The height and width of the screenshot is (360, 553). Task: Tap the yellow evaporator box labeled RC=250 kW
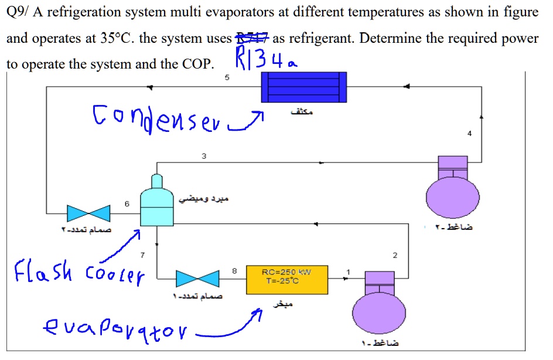click(x=287, y=280)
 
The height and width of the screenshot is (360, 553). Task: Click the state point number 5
click(x=227, y=78)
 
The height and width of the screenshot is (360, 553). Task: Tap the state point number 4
click(x=469, y=134)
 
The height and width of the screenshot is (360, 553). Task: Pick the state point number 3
click(x=204, y=156)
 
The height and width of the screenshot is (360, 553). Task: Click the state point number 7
click(x=141, y=256)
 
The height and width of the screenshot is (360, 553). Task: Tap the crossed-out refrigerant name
click(x=251, y=39)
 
